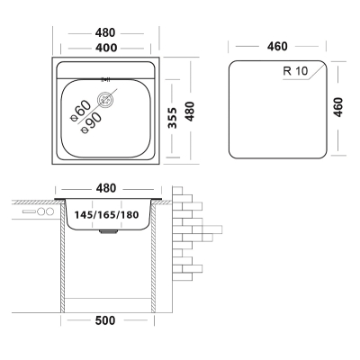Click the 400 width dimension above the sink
pyautogui.click(x=105, y=48)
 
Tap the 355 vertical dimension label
pyautogui.click(x=172, y=118)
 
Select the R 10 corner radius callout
pyautogui.click(x=295, y=71)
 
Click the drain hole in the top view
pyautogui.click(x=105, y=99)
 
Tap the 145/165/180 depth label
pyautogui.click(x=106, y=215)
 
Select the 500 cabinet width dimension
pyautogui.click(x=105, y=320)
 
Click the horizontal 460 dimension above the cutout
pyautogui.click(x=277, y=47)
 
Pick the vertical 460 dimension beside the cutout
pyautogui.click(x=338, y=107)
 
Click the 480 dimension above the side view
pyautogui.click(x=106, y=188)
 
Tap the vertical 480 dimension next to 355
pyautogui.click(x=190, y=112)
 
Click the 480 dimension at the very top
pyautogui.click(x=105, y=32)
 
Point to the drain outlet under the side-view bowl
pyautogui.click(x=108, y=232)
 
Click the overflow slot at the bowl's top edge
pyautogui.click(x=106, y=79)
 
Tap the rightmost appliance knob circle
pyautogui.click(x=49, y=211)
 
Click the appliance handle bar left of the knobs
pyautogui.click(x=29, y=211)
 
